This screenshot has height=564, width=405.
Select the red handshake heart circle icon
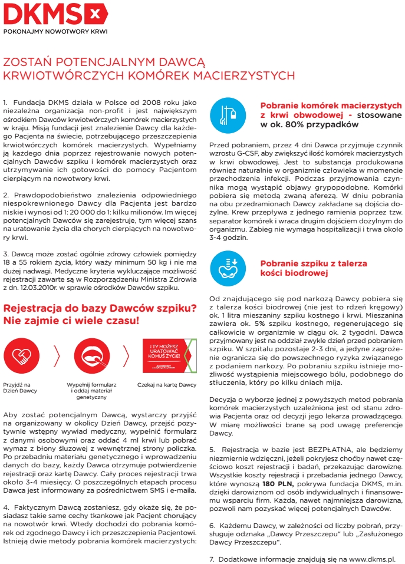[x=21, y=355]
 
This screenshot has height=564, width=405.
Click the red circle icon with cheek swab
[x=91, y=355]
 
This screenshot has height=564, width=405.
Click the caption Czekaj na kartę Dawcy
[x=166, y=384]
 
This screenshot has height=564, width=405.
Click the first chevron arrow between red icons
[x=57, y=355]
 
